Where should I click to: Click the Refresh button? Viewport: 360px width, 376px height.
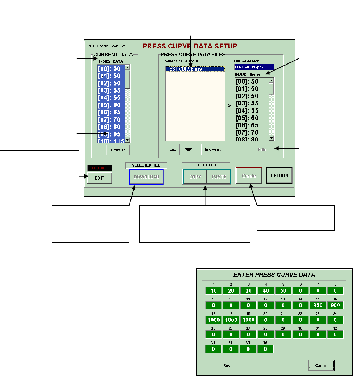click(118, 150)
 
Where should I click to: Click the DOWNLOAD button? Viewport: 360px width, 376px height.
click(146, 176)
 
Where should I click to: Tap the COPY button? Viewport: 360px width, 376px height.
click(195, 176)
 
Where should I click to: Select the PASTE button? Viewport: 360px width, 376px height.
click(219, 176)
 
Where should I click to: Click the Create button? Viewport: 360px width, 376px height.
click(249, 176)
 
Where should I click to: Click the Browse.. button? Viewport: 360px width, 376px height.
click(213, 150)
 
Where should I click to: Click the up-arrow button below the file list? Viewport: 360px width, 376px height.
click(173, 150)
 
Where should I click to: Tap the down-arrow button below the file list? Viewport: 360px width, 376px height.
click(188, 150)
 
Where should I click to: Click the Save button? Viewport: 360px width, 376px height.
click(228, 365)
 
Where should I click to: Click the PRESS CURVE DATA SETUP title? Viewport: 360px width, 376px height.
click(190, 46)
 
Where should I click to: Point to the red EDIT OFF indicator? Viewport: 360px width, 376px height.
click(99, 168)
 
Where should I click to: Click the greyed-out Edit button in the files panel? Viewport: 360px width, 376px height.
click(262, 150)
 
